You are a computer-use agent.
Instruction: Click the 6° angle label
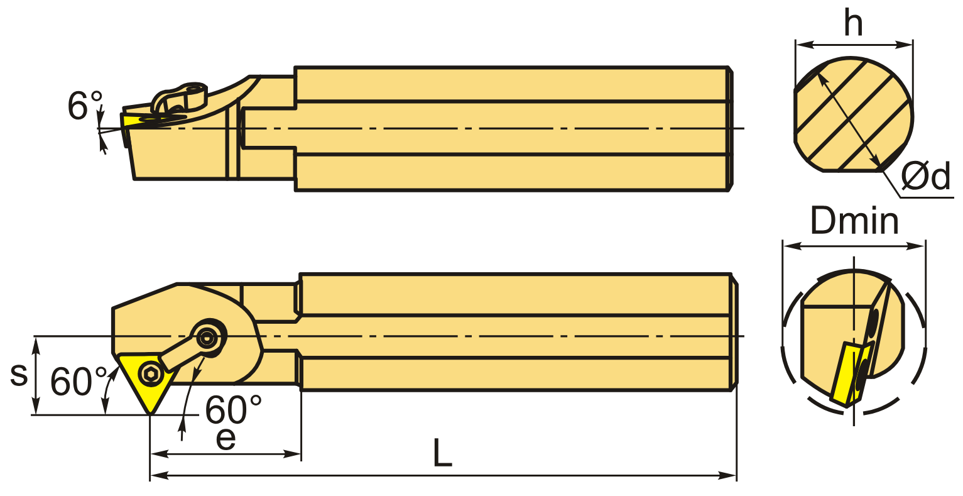85,105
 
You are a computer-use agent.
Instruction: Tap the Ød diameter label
925,176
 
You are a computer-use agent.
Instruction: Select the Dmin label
854,221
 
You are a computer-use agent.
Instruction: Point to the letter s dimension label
19,374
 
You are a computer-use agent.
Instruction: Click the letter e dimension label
226,438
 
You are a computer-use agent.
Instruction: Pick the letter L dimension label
442,453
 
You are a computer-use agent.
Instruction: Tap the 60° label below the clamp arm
233,409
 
